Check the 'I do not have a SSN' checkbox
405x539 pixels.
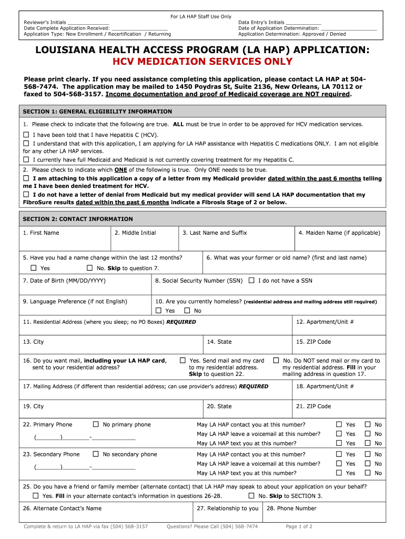click(251, 281)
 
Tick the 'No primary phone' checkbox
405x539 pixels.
click(96, 424)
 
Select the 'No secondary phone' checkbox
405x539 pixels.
click(96, 454)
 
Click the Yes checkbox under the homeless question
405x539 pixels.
click(158, 311)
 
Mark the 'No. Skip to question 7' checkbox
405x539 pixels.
click(89, 268)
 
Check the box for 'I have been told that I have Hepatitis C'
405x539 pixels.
click(26, 134)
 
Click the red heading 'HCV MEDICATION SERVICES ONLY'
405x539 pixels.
click(202, 62)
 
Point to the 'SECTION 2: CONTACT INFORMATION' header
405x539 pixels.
click(78, 219)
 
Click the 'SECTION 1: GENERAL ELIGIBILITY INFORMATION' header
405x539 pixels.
click(97, 112)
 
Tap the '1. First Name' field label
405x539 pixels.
click(41, 233)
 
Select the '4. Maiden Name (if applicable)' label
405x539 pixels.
click(339, 233)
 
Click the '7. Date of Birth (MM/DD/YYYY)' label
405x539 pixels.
click(64, 281)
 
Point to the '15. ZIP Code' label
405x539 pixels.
click(313, 342)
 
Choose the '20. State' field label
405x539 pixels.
click(219, 406)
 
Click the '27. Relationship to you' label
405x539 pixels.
click(228, 508)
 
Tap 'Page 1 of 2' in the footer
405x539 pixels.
click(299, 526)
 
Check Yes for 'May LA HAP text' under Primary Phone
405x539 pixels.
click(339, 443)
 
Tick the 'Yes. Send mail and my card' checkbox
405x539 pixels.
click(183, 361)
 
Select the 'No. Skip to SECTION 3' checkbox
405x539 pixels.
click(251, 496)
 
